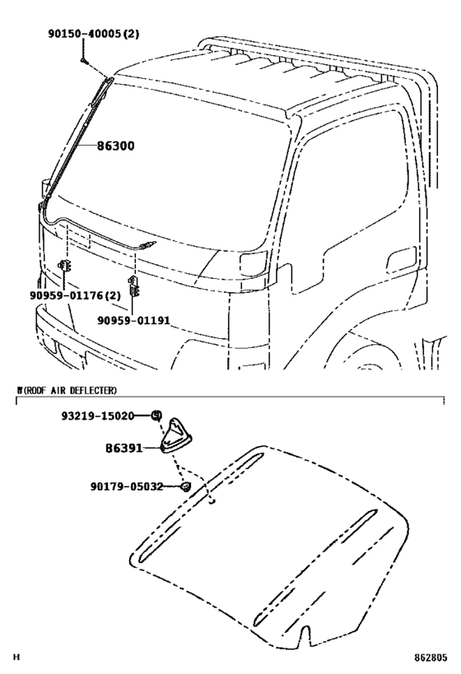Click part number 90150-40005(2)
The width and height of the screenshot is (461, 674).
(x=94, y=34)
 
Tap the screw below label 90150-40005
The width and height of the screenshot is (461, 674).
(x=84, y=61)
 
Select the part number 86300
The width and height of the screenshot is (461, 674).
(x=115, y=146)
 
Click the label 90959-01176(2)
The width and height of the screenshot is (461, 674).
(x=75, y=295)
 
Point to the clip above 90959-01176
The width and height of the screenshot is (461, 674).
(x=64, y=266)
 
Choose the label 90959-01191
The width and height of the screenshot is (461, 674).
(x=133, y=321)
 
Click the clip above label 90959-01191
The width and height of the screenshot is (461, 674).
(x=133, y=286)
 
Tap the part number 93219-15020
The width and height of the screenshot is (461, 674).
(x=98, y=416)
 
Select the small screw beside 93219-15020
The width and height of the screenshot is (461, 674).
(x=156, y=416)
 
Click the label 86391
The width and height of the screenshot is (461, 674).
(x=123, y=449)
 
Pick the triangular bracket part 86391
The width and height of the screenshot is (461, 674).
(x=176, y=435)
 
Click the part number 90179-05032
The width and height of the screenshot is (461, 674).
(x=127, y=486)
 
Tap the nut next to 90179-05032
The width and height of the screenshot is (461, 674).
(x=185, y=486)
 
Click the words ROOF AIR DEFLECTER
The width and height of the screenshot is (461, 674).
(x=70, y=390)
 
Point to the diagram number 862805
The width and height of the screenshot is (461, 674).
(x=431, y=658)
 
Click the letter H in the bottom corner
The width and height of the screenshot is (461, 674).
(x=16, y=658)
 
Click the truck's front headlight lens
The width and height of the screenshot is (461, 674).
(x=254, y=263)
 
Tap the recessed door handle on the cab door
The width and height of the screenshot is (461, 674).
(x=402, y=259)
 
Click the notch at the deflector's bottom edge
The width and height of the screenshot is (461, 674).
(x=305, y=634)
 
